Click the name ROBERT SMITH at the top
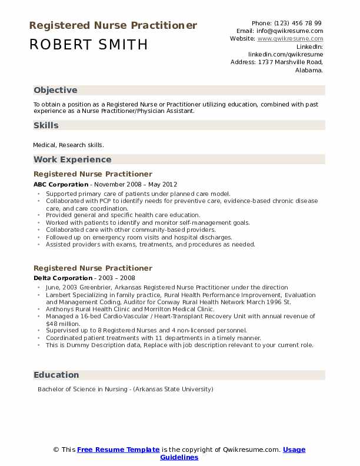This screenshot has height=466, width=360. pos(88,45)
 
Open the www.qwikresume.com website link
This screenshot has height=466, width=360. pos(290,38)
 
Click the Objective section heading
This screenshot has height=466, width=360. pos(55,90)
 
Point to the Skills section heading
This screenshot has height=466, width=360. pos(46,125)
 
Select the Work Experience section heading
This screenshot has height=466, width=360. pos(72,159)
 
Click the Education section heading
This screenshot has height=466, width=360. pos(56,375)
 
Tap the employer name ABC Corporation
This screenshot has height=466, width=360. pos(61,184)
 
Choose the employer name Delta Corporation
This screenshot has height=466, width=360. pos(62,278)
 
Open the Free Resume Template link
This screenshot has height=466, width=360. pos(118,450)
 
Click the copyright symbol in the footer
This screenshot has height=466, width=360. pos(56,450)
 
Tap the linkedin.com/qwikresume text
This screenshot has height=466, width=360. pos(285,54)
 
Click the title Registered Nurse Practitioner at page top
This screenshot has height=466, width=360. pos(112,25)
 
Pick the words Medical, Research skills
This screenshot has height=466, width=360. pos(69,145)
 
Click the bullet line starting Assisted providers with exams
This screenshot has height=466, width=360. pos(151,244)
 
